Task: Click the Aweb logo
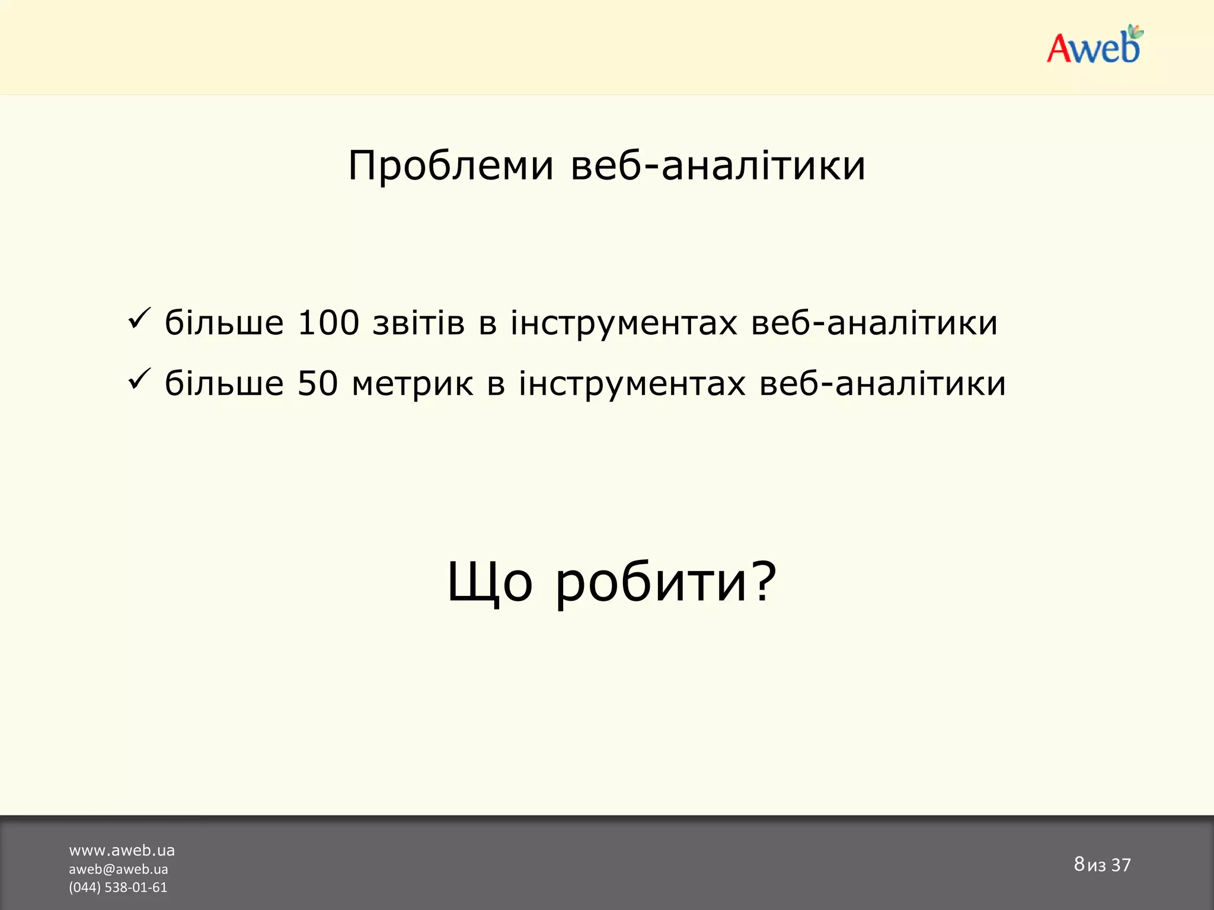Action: (x=1094, y=46)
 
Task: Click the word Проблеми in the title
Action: (x=451, y=166)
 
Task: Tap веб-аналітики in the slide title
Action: (x=718, y=166)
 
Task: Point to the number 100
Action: (x=328, y=323)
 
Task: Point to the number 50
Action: (x=317, y=384)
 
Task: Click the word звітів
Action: (x=418, y=323)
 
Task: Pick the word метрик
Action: (x=413, y=384)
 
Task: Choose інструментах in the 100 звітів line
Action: (x=624, y=323)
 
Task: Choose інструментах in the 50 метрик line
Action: (x=632, y=384)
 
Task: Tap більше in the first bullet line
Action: (x=224, y=323)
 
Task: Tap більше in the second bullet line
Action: (x=224, y=384)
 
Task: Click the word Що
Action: (x=490, y=582)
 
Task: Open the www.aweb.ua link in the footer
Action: (x=122, y=851)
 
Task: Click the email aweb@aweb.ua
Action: (x=118, y=869)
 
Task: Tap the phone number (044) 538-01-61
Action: (x=118, y=887)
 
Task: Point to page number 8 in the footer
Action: (x=1079, y=864)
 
